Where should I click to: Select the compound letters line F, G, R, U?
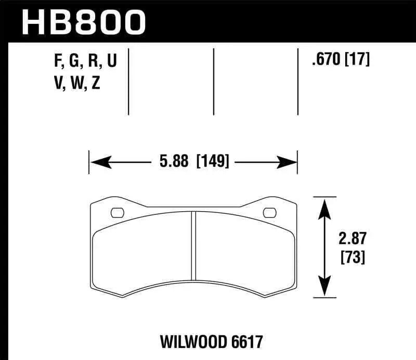click(85, 62)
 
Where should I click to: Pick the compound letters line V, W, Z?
click(77, 83)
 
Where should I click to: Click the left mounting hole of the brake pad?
click(118, 212)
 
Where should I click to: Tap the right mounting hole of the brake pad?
click(269, 212)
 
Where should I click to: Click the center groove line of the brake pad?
click(193, 245)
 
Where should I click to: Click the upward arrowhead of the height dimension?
click(324, 206)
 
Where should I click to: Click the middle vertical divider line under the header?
click(213, 81)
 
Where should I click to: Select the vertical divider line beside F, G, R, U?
click(128, 81)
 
